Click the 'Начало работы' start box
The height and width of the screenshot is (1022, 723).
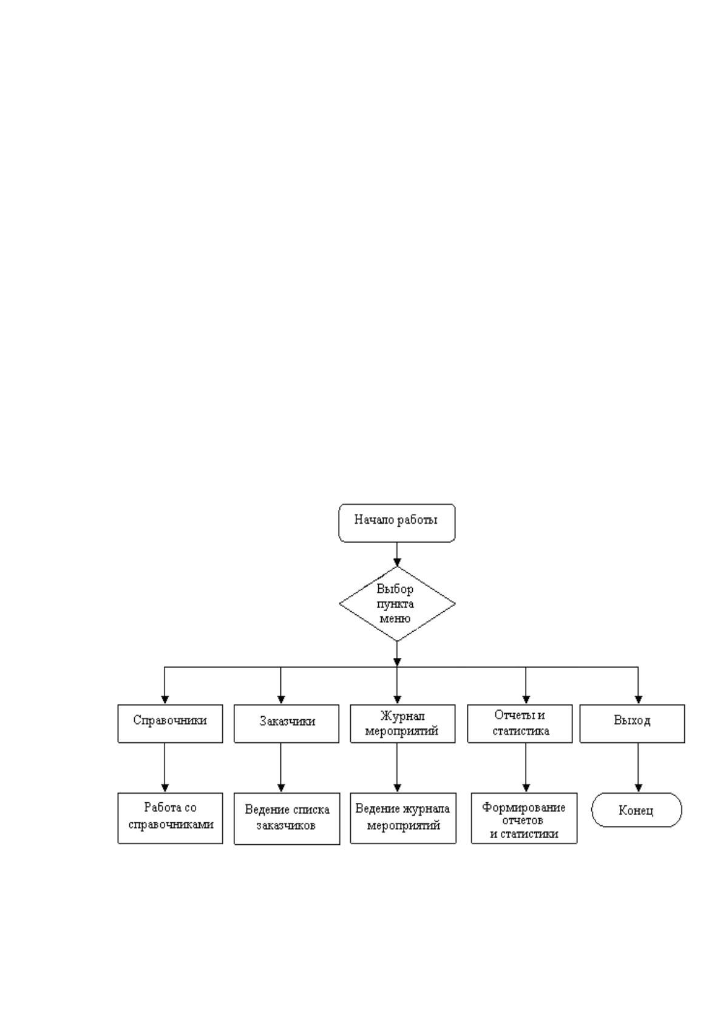[x=396, y=523]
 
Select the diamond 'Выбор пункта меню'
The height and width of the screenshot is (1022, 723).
[x=397, y=604]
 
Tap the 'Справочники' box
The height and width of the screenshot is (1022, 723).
[x=170, y=723]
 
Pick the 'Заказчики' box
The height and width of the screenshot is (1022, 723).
[x=286, y=723]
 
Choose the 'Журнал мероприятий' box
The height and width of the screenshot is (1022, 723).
[x=402, y=723]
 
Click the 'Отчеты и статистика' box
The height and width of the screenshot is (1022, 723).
[x=520, y=723]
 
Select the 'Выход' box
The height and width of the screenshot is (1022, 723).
[x=632, y=723]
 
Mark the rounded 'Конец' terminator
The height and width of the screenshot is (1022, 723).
[x=637, y=810]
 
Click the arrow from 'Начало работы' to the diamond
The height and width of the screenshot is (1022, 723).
[x=397, y=554]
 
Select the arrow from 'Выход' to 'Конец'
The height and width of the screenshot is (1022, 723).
[x=638, y=768]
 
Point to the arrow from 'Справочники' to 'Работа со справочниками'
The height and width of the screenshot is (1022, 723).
[x=165, y=768]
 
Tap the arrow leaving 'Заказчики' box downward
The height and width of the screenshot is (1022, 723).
[x=280, y=768]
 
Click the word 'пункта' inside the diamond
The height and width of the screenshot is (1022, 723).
[x=395, y=604]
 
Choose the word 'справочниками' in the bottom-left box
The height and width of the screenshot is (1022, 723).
[x=171, y=825]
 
